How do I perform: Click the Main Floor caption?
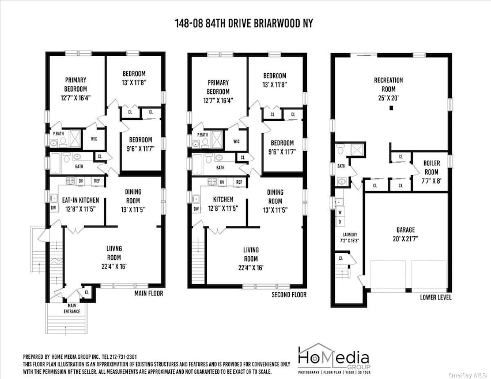[148, 294]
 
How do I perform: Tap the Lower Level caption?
[436, 298]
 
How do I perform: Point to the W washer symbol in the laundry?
[340, 211]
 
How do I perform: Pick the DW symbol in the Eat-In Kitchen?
[53, 207]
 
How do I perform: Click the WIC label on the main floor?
[94, 138]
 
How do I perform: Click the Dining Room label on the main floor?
[133, 196]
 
